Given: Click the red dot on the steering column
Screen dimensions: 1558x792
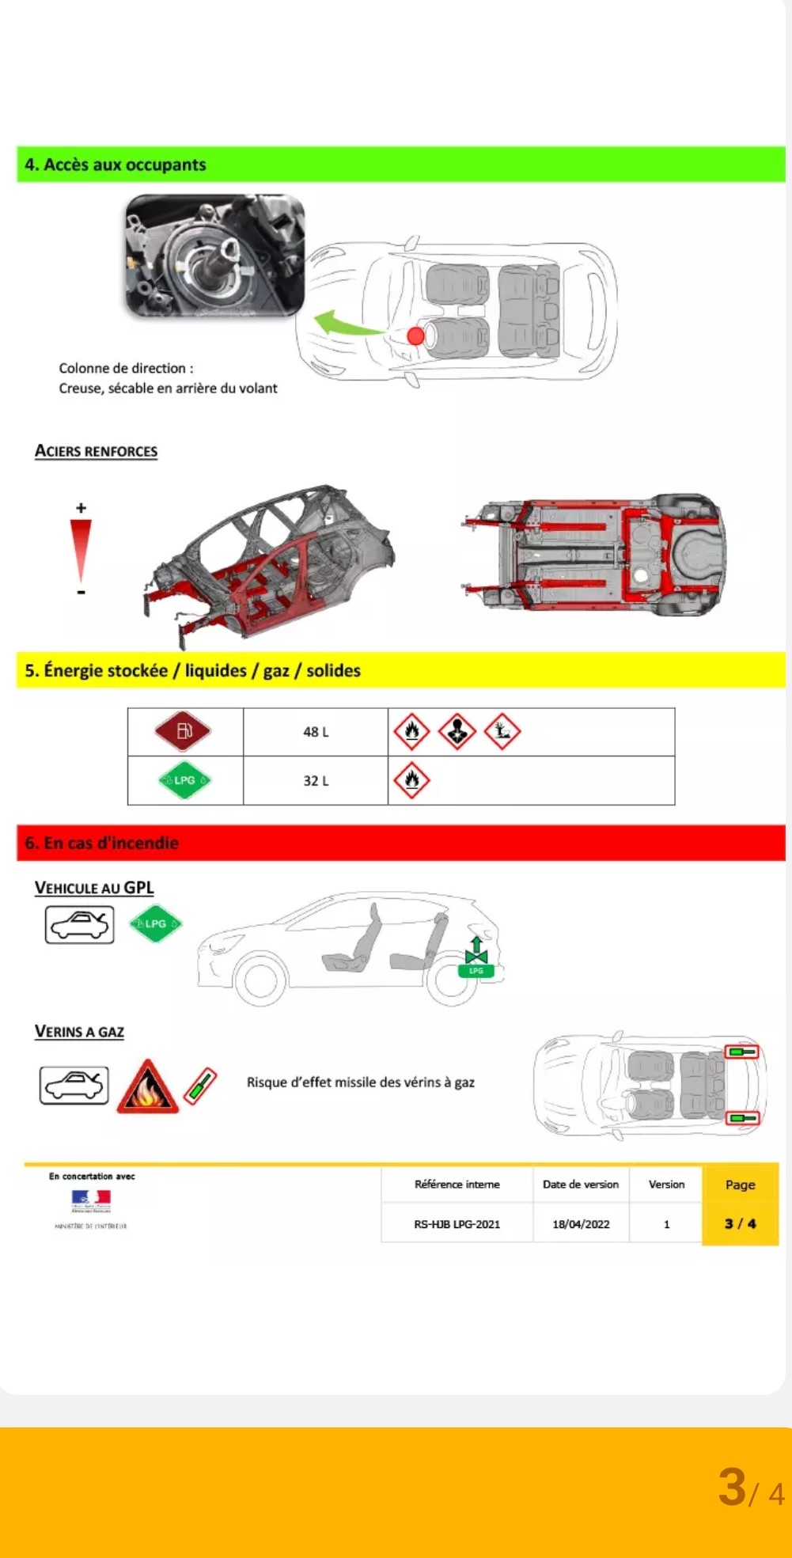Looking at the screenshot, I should [415, 335].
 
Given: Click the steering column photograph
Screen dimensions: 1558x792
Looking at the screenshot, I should [215, 255].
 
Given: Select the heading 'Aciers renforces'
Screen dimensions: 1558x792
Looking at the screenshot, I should [96, 451].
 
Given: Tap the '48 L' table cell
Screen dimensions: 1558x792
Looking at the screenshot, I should [316, 732].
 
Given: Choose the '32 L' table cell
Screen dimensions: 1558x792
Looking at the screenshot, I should [316, 781].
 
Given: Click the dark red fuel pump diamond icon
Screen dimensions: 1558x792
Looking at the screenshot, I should [184, 731].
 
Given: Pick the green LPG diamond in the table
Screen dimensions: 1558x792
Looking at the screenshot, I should [184, 780].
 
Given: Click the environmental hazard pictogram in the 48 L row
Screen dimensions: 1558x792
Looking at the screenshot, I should [502, 731].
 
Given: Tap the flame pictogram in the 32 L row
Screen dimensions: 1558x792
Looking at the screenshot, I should [411, 780].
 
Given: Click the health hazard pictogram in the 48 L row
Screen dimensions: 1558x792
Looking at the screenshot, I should [457, 731].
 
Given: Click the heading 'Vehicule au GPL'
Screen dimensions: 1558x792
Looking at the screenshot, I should [94, 888].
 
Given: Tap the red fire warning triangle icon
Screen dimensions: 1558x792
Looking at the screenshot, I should [147, 1087].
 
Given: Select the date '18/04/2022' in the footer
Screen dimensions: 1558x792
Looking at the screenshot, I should [581, 1224].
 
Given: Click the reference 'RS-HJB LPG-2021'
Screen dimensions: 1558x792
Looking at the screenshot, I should [457, 1224].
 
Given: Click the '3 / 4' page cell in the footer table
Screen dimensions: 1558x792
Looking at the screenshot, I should [740, 1223].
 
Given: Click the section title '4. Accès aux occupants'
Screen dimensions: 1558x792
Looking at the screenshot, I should [116, 165].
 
